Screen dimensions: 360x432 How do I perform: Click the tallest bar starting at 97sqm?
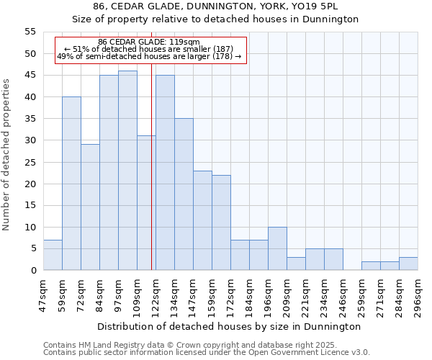click(127, 171)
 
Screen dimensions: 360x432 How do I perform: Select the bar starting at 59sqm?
click(71, 184)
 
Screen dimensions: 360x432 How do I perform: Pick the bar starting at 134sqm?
click(184, 194)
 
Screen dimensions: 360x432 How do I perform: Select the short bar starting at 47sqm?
click(53, 255)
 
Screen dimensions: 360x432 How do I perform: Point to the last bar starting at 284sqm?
click(408, 264)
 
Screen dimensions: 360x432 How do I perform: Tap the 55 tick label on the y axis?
click(30, 32)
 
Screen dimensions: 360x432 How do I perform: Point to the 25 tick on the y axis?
click(30, 162)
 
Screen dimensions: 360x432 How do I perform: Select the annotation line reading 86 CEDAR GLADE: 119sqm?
click(149, 42)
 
